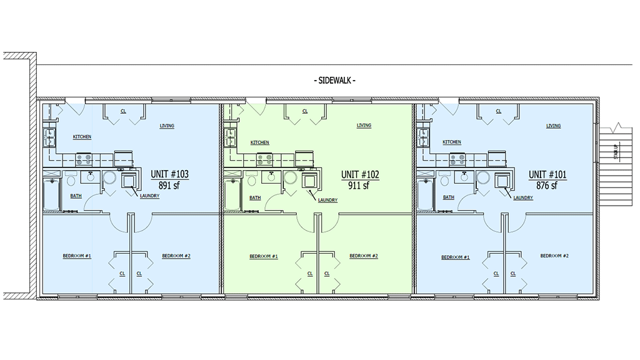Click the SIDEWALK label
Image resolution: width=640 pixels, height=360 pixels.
click(x=334, y=81)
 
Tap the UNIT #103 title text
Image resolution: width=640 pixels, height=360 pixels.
click(x=170, y=174)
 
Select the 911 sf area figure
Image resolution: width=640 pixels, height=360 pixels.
click(x=359, y=185)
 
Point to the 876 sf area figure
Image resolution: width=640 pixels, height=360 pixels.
click(x=547, y=185)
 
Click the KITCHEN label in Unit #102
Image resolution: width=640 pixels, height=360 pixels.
click(x=260, y=142)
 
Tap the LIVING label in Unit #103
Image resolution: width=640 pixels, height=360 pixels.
click(x=167, y=126)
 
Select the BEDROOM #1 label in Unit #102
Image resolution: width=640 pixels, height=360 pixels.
click(x=264, y=256)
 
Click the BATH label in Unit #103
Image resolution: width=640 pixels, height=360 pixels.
click(x=76, y=196)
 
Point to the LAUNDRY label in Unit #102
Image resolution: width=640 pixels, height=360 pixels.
click(x=327, y=200)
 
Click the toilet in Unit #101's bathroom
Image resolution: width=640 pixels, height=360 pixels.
click(x=445, y=181)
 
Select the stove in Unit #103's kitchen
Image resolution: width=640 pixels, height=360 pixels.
click(x=84, y=159)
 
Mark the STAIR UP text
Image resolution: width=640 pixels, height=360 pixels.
click(x=616, y=152)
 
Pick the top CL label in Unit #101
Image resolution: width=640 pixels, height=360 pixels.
click(x=498, y=111)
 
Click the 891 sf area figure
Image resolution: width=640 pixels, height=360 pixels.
click(x=170, y=185)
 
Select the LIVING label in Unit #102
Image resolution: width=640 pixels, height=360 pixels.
click(x=364, y=126)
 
